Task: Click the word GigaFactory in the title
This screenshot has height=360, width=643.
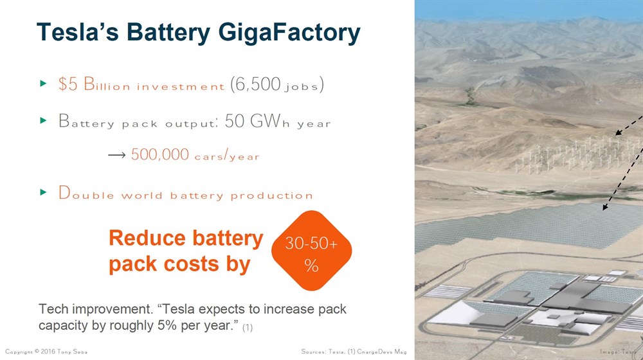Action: tap(289, 33)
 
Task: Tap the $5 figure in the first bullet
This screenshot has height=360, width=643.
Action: tap(68, 84)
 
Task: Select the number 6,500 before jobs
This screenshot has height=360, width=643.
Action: tap(255, 84)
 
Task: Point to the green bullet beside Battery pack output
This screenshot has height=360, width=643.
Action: tap(43, 121)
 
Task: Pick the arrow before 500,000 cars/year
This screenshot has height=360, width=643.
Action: tap(117, 155)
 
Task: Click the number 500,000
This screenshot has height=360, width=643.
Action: tap(160, 154)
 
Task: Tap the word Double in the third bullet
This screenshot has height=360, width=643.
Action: tap(86, 193)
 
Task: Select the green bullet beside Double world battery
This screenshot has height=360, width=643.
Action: tap(43, 192)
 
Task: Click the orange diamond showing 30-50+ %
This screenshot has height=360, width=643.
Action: tap(312, 251)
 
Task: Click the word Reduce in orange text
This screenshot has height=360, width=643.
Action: tap(147, 239)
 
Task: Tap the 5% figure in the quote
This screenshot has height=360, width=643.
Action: tap(167, 325)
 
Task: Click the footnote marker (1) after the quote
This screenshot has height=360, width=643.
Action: tap(248, 328)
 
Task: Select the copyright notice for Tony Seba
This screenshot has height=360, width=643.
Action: tap(46, 352)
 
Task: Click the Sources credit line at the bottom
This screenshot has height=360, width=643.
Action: tap(354, 352)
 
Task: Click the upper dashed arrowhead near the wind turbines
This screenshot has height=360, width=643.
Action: tap(619, 132)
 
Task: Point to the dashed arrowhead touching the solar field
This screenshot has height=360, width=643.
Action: tap(605, 206)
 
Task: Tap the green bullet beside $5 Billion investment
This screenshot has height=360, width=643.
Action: tap(43, 84)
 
